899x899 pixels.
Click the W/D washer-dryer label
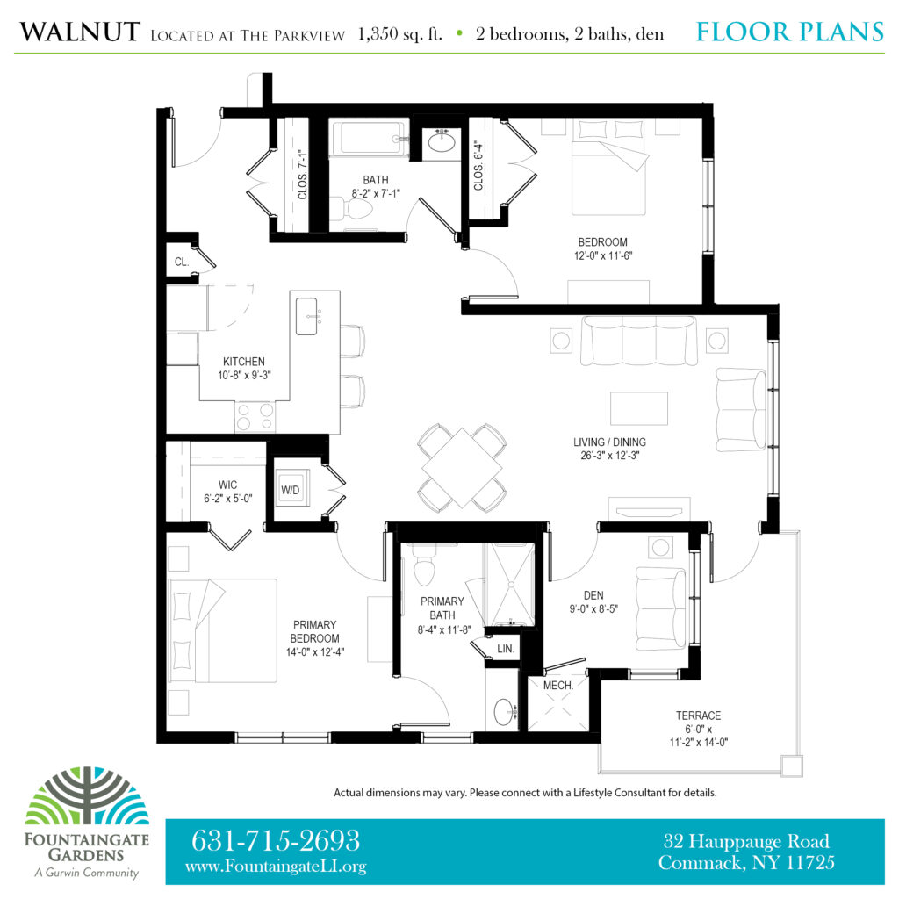coord(290,490)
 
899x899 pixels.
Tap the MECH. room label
coord(557,685)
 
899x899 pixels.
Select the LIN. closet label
coord(505,649)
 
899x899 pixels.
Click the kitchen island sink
coord(306,316)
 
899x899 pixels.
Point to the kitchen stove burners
coord(255,417)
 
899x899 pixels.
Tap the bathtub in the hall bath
coord(370,138)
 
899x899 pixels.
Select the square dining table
coord(462,468)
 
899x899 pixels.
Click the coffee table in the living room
coord(639,408)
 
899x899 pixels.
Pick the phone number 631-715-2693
coord(275,840)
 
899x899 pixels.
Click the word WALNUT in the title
coord(80,32)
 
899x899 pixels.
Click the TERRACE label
coord(698,716)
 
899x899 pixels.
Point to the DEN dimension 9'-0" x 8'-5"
coord(593,609)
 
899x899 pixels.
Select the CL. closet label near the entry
coord(182,262)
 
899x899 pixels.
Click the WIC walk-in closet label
coord(227,485)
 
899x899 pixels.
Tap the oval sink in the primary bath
coord(503,711)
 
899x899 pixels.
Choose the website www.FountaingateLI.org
coord(275,867)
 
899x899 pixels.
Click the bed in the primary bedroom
coord(223,630)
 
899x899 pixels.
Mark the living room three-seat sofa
coord(639,341)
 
